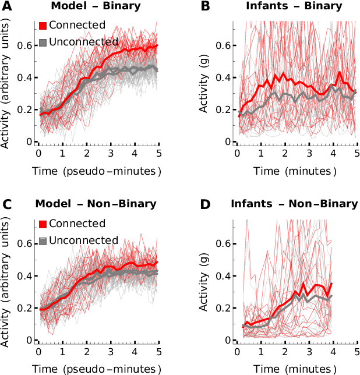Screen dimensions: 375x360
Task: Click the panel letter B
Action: click(x=206, y=6)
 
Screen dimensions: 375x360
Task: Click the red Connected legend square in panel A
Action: click(x=43, y=26)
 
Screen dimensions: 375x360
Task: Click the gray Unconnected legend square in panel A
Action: click(x=43, y=42)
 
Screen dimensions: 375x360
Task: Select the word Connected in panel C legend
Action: click(x=77, y=224)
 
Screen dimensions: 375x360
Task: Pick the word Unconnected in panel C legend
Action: click(x=83, y=240)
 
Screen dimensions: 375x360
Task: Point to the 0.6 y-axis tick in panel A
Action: click(x=24, y=46)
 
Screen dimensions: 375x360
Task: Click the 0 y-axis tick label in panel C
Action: click(x=29, y=340)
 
